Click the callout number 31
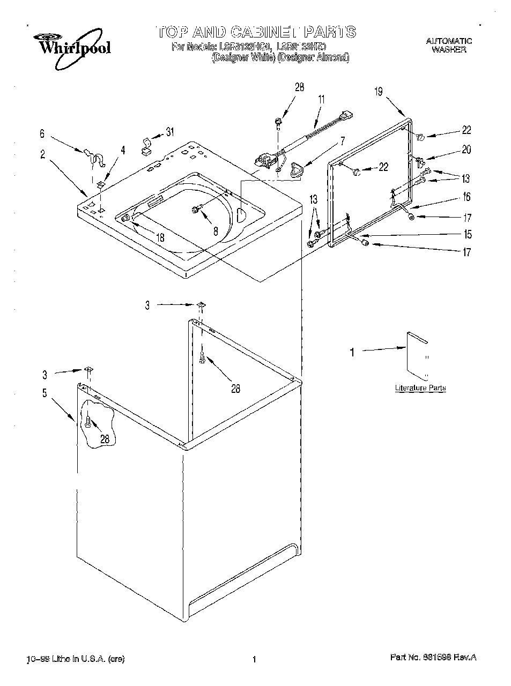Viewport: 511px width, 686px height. [x=170, y=132]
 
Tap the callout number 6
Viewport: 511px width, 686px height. [x=42, y=135]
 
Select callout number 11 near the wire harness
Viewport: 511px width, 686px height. [x=322, y=99]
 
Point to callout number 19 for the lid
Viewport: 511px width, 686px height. [x=379, y=92]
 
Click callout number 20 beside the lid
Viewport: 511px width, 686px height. [x=466, y=150]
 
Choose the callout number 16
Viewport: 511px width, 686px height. [x=467, y=197]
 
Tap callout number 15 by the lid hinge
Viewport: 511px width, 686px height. [x=468, y=234]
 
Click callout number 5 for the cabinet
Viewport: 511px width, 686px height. [x=45, y=393]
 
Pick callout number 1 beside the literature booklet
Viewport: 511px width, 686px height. [x=352, y=352]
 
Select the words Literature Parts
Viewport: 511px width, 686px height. [x=420, y=387]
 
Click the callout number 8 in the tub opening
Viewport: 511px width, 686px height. [x=215, y=232]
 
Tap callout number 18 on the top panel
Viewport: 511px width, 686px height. [x=160, y=238]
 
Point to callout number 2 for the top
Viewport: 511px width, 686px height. [x=42, y=154]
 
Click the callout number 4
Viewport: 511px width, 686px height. [x=123, y=151]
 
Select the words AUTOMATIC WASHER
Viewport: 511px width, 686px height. [x=449, y=45]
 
